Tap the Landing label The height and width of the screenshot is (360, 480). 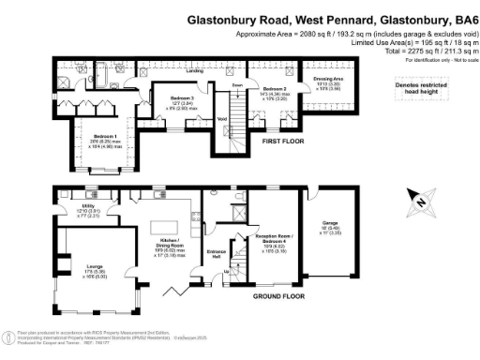click(195, 71)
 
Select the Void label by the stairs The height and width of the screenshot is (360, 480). click(222, 119)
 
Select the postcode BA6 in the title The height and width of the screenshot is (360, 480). click(458, 18)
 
